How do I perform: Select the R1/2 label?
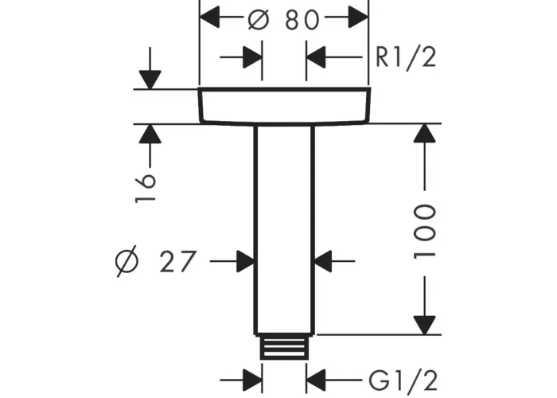pos(406,57)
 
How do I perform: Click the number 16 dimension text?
pos(146,188)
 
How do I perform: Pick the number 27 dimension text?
pos(176,260)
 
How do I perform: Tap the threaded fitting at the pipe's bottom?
pos(284,348)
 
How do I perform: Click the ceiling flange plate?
pos(284,107)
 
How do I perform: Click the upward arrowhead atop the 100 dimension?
pos(425,134)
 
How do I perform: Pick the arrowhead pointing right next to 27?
pos(243,260)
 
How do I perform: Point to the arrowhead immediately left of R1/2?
pos(317,57)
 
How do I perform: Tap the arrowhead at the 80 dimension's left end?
pos(209,16)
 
